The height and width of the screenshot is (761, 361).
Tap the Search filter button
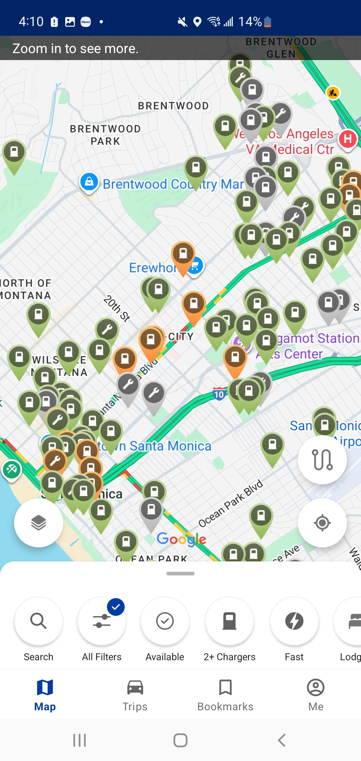[38, 621]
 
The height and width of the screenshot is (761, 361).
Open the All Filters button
[102, 621]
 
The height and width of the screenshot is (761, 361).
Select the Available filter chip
[165, 621]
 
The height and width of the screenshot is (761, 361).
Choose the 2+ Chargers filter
[229, 621]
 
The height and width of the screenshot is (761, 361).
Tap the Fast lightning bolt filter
[294, 621]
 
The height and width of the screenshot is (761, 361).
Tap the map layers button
[38, 523]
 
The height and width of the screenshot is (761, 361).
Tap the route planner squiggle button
[322, 460]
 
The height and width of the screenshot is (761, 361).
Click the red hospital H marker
[348, 139]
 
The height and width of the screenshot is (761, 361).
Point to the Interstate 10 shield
[219, 394]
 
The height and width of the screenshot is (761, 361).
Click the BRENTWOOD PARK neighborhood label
[105, 135]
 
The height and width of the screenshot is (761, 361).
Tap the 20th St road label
[116, 308]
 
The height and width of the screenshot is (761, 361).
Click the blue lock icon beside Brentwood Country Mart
[89, 182]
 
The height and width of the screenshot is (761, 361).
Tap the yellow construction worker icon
[333, 93]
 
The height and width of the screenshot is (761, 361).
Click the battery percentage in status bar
[250, 22]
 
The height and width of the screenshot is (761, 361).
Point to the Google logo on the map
[181, 539]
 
